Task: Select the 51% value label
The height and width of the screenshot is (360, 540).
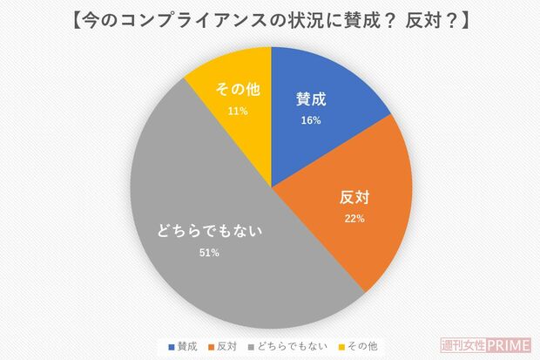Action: pyautogui.click(x=208, y=253)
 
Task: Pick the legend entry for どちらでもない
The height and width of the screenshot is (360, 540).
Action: pyautogui.click(x=288, y=346)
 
